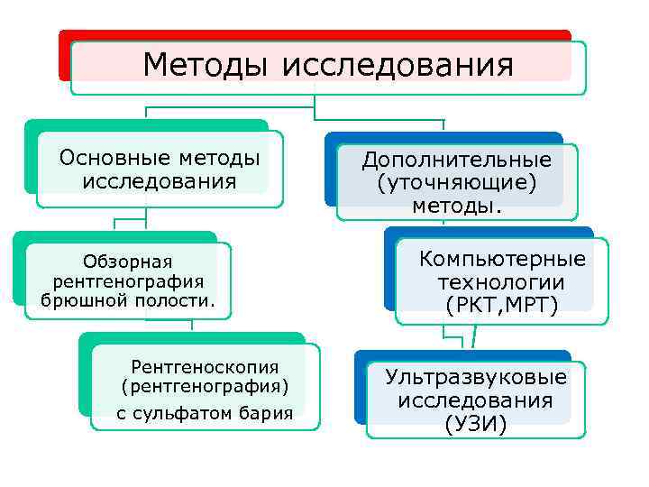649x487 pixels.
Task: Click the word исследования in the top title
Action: click(398, 66)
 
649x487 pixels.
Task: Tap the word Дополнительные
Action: click(456, 160)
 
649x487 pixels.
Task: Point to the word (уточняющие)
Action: click(456, 183)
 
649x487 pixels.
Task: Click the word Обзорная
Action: click(127, 262)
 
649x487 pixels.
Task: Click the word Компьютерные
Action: click(502, 260)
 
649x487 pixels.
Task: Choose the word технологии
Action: click(502, 282)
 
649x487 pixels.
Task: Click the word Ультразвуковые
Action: click(476, 377)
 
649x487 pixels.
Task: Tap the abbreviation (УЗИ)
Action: click(476, 423)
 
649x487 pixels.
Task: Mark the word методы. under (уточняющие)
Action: click(457, 207)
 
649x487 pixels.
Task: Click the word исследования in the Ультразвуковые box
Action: click(476, 400)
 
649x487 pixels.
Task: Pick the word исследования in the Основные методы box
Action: click(159, 181)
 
